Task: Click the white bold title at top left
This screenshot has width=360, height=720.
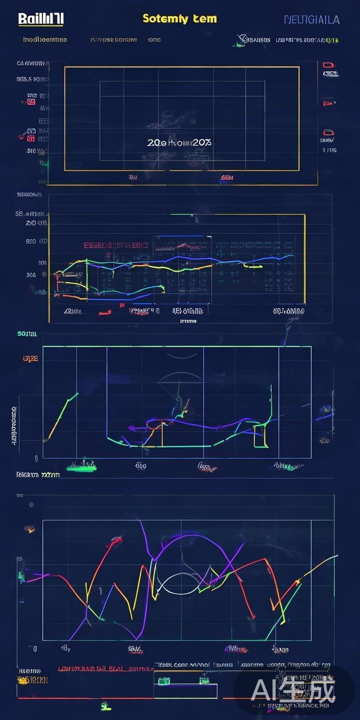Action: point(40,19)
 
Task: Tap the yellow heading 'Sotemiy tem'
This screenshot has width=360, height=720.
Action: point(179,18)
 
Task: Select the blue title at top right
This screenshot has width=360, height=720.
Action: point(311,19)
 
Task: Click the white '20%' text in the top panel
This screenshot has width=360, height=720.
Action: point(201,142)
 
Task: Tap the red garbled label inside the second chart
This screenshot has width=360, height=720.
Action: point(115,245)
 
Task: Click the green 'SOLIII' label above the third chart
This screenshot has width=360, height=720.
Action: point(26,333)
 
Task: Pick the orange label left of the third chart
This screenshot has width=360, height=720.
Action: point(30,358)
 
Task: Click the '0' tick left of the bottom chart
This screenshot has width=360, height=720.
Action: point(35,649)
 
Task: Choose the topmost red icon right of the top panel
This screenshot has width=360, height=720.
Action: point(328,65)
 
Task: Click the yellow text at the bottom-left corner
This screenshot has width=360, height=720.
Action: point(32,680)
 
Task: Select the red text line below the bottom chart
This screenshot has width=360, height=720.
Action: point(105,668)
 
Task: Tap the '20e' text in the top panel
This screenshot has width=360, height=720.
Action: point(156,142)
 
